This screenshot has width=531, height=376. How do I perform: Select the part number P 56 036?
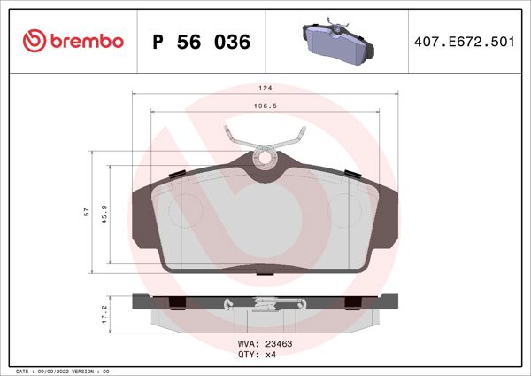201,42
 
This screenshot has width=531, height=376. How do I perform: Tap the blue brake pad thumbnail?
337,41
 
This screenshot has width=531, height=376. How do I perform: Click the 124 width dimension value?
264,89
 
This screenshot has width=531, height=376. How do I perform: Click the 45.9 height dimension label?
106,215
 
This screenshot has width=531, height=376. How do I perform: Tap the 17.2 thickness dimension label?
106,313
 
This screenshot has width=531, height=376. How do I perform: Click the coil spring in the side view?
263,303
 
